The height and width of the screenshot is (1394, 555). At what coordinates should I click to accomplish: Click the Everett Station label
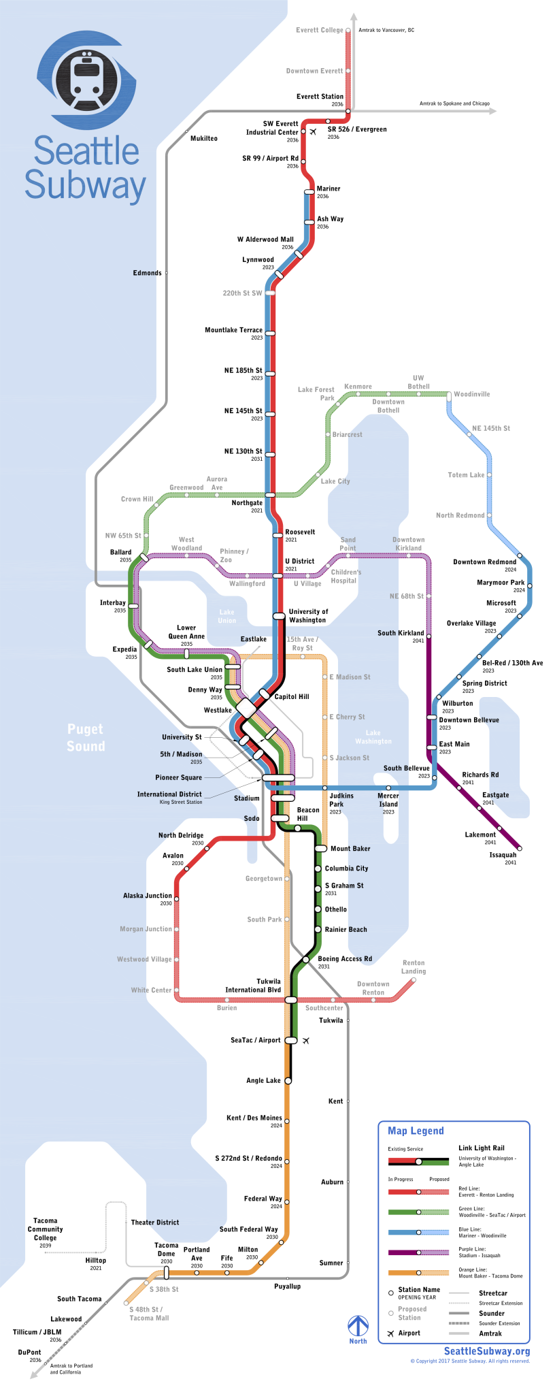(320, 97)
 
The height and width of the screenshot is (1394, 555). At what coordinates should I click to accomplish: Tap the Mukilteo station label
(204, 138)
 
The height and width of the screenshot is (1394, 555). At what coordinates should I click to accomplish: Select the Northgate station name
(247, 503)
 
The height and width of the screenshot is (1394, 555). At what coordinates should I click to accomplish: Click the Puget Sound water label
(86, 738)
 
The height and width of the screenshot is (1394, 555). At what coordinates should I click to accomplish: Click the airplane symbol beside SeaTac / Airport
(306, 1041)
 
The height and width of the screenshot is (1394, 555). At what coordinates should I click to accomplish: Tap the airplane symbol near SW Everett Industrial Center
(313, 132)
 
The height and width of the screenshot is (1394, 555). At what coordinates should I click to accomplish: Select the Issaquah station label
(503, 856)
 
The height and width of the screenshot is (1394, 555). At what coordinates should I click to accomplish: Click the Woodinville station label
(471, 395)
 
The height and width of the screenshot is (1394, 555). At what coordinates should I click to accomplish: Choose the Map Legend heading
(416, 1131)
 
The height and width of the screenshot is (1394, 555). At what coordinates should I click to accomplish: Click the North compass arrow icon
(358, 1327)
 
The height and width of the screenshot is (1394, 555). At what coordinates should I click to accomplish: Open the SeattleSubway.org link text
(486, 1352)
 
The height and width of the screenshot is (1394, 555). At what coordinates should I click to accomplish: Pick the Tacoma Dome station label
(166, 1249)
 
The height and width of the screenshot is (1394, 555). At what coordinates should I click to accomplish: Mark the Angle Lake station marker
(288, 1081)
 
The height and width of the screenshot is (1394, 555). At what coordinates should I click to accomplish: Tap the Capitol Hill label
(292, 697)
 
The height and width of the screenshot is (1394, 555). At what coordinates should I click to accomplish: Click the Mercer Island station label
(388, 800)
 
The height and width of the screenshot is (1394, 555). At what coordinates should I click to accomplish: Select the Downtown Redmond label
(484, 562)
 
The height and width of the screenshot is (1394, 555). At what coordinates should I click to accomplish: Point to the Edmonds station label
(148, 273)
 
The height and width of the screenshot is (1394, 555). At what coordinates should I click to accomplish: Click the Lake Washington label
(373, 737)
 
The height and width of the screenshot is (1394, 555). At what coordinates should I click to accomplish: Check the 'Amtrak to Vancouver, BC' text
(386, 31)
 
